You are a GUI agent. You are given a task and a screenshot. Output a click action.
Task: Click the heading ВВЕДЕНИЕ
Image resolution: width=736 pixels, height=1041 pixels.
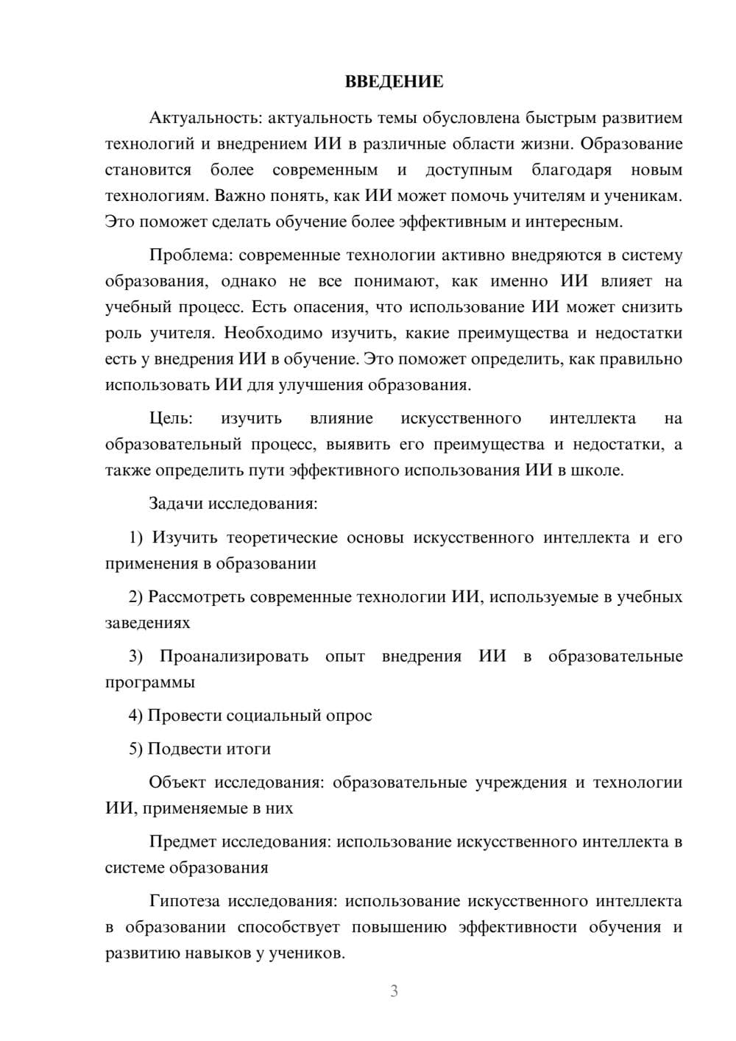point(394,82)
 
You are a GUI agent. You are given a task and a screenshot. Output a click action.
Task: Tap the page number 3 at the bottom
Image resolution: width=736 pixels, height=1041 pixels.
point(394,991)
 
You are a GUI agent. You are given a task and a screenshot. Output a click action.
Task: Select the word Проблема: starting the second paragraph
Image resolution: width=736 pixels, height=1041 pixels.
point(191,255)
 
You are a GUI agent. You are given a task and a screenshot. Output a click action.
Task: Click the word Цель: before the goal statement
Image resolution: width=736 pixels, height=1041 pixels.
point(171,418)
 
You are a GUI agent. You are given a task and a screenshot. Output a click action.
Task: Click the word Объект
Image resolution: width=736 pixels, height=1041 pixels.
point(177,782)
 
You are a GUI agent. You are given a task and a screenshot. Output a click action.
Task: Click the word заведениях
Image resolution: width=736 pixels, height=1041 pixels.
point(147,623)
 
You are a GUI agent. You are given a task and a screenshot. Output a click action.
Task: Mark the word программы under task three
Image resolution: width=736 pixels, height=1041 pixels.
point(149,682)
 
